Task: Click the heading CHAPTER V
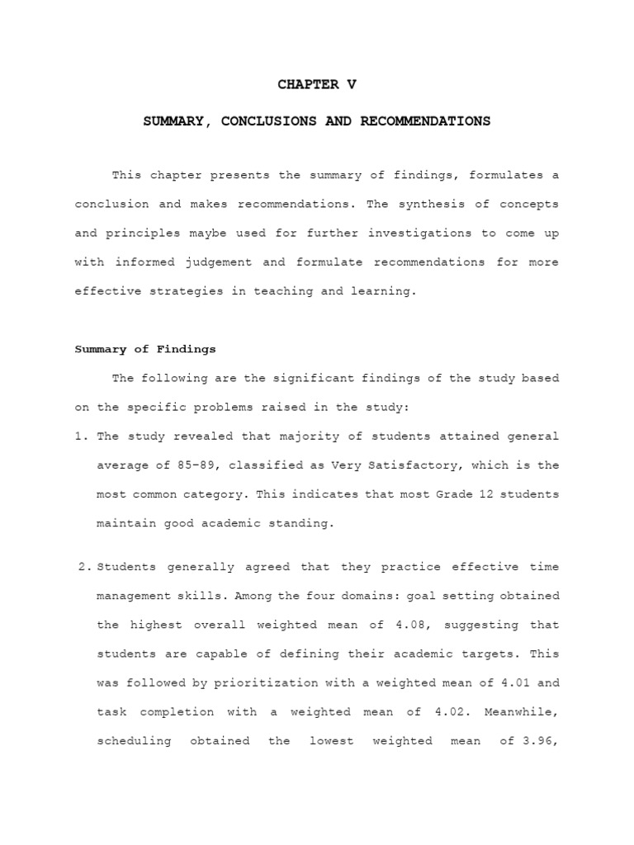click(x=317, y=84)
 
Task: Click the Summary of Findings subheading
click(x=145, y=349)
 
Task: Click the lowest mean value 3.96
click(x=540, y=740)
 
